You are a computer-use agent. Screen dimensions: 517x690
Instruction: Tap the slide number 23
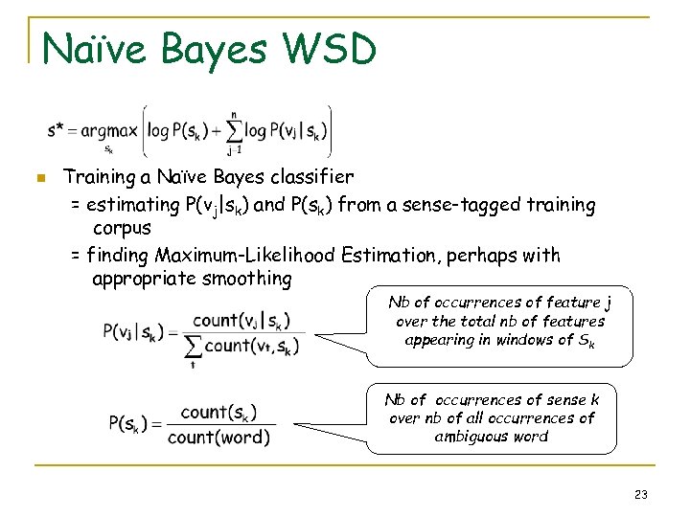641,495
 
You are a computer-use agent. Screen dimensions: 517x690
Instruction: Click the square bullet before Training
39,178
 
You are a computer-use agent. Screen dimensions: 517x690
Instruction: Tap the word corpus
122,230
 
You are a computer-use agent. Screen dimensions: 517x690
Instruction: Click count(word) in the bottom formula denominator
218,438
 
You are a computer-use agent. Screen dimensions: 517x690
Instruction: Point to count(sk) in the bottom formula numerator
218,413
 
